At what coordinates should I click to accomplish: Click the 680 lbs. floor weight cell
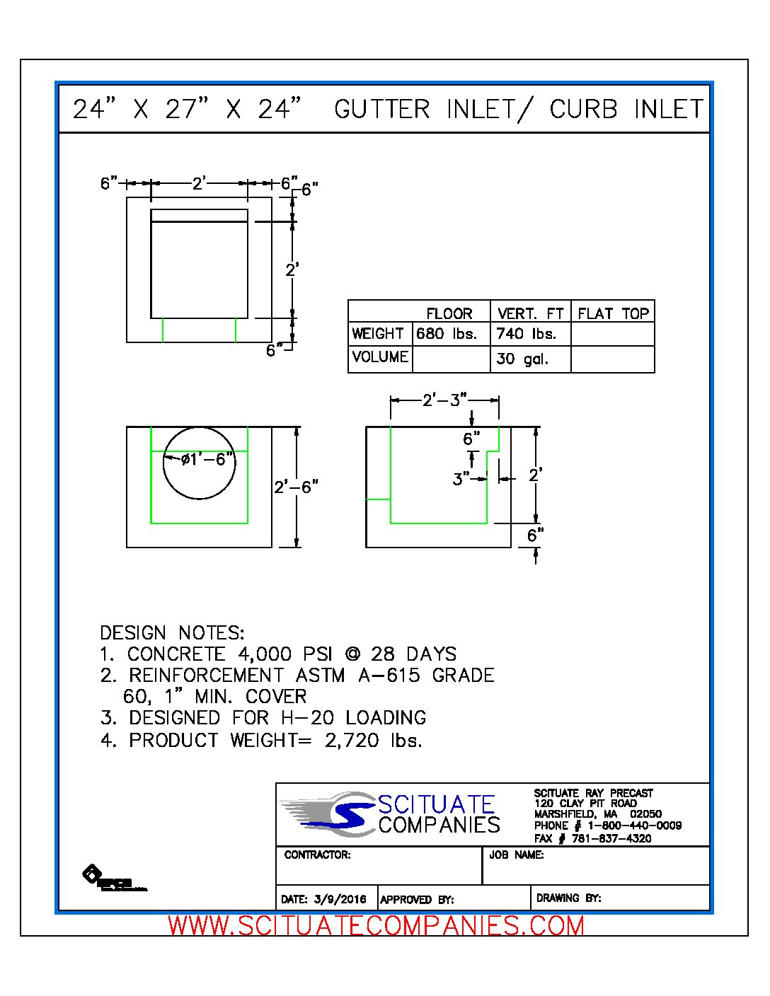447,334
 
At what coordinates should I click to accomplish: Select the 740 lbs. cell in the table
526,334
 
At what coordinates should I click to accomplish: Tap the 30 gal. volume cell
522,359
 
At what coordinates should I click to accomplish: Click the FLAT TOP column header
613,313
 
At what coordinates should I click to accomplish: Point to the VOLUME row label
380,357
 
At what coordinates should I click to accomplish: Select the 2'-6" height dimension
296,487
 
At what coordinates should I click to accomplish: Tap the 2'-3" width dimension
444,400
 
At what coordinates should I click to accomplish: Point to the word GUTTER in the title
382,109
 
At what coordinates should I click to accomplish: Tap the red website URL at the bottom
377,926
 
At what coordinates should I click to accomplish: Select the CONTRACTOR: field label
317,855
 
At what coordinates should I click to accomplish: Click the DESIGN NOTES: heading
172,632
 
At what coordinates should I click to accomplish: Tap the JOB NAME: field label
516,855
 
